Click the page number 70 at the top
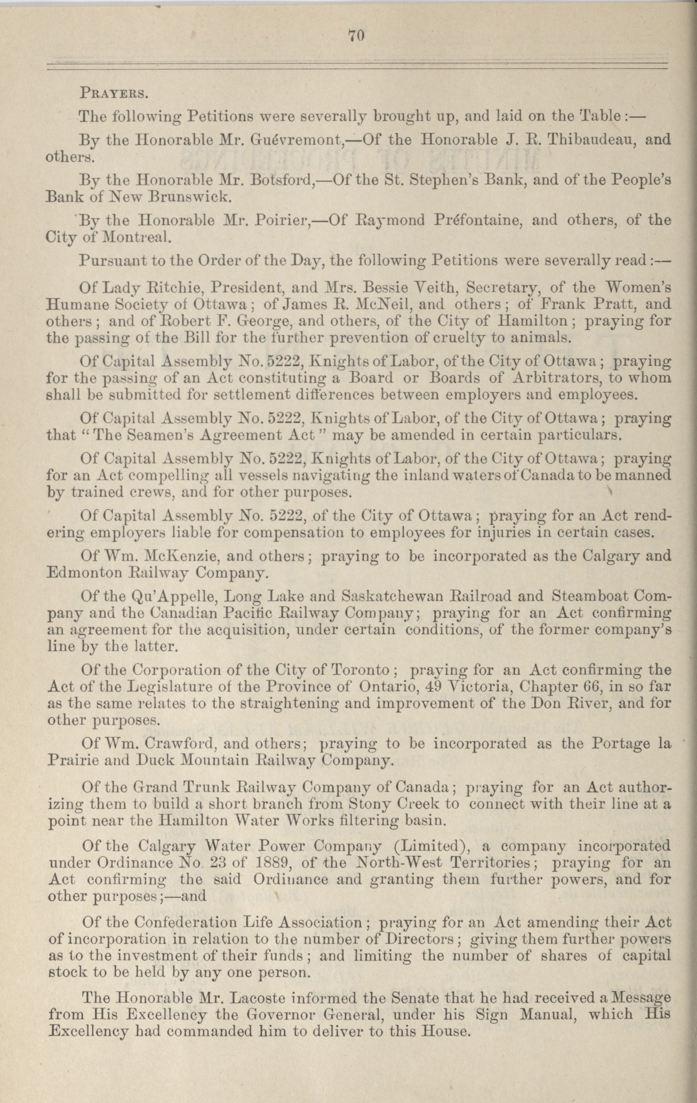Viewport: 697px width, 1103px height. pos(355,36)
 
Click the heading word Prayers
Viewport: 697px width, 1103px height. pos(113,96)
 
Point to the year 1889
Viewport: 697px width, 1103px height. pos(268,863)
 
